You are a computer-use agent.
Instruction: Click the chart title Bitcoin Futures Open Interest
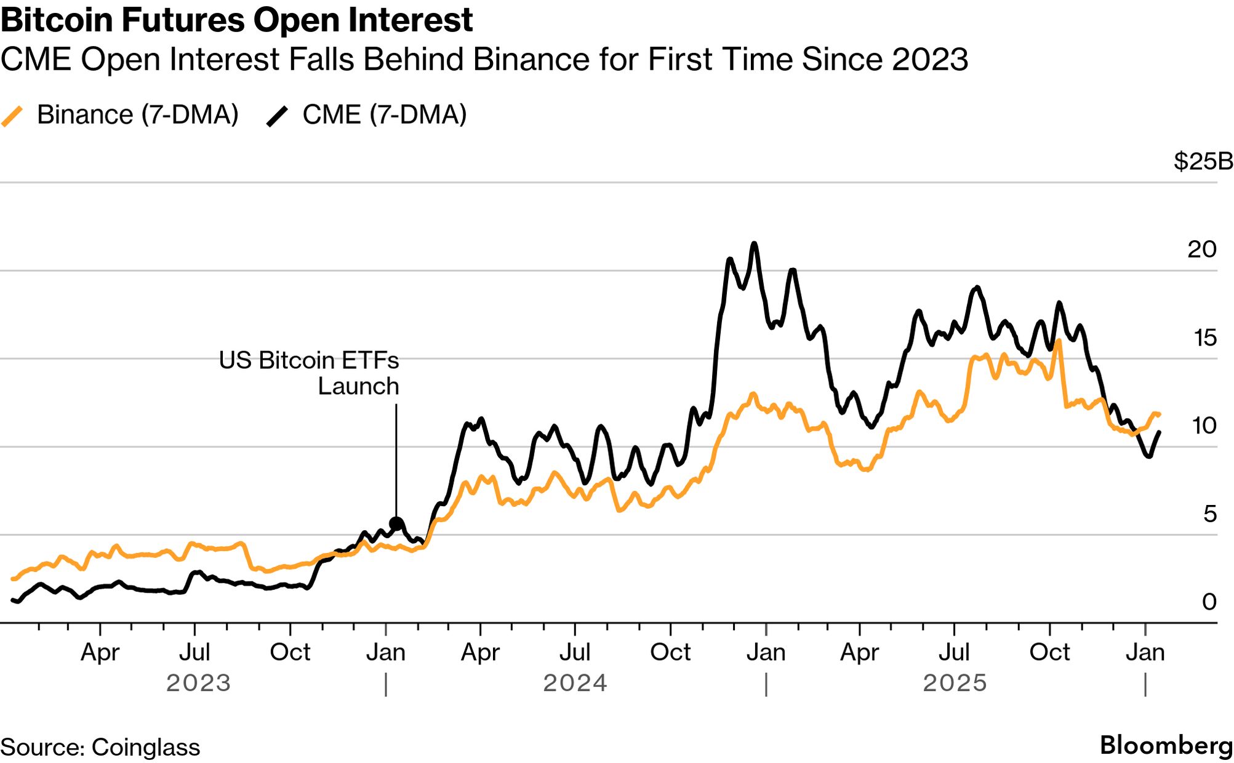[x=236, y=20]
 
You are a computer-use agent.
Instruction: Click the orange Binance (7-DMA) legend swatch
[x=12, y=116]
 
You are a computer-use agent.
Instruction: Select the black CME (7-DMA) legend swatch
[x=277, y=116]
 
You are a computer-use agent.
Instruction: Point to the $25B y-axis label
[x=1203, y=161]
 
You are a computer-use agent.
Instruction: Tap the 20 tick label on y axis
[x=1201, y=249]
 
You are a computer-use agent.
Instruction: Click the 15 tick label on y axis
[x=1204, y=337]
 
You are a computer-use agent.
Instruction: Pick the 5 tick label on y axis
[x=1209, y=514]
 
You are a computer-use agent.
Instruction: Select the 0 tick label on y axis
[x=1209, y=602]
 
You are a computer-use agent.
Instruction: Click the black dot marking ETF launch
[x=396, y=524]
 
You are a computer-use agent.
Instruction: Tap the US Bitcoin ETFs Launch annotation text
[x=309, y=373]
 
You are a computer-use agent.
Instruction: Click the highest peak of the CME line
[x=754, y=244]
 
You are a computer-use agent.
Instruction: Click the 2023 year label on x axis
[x=198, y=683]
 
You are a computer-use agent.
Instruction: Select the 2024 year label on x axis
[x=575, y=683]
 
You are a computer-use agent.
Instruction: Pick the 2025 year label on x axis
[x=955, y=683]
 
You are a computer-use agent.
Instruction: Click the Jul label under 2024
[x=575, y=652]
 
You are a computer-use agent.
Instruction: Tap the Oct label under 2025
[x=1049, y=652]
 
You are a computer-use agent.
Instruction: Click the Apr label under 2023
[x=100, y=652]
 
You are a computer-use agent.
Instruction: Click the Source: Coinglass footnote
[x=100, y=747]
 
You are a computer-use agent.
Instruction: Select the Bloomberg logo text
[x=1166, y=745]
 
